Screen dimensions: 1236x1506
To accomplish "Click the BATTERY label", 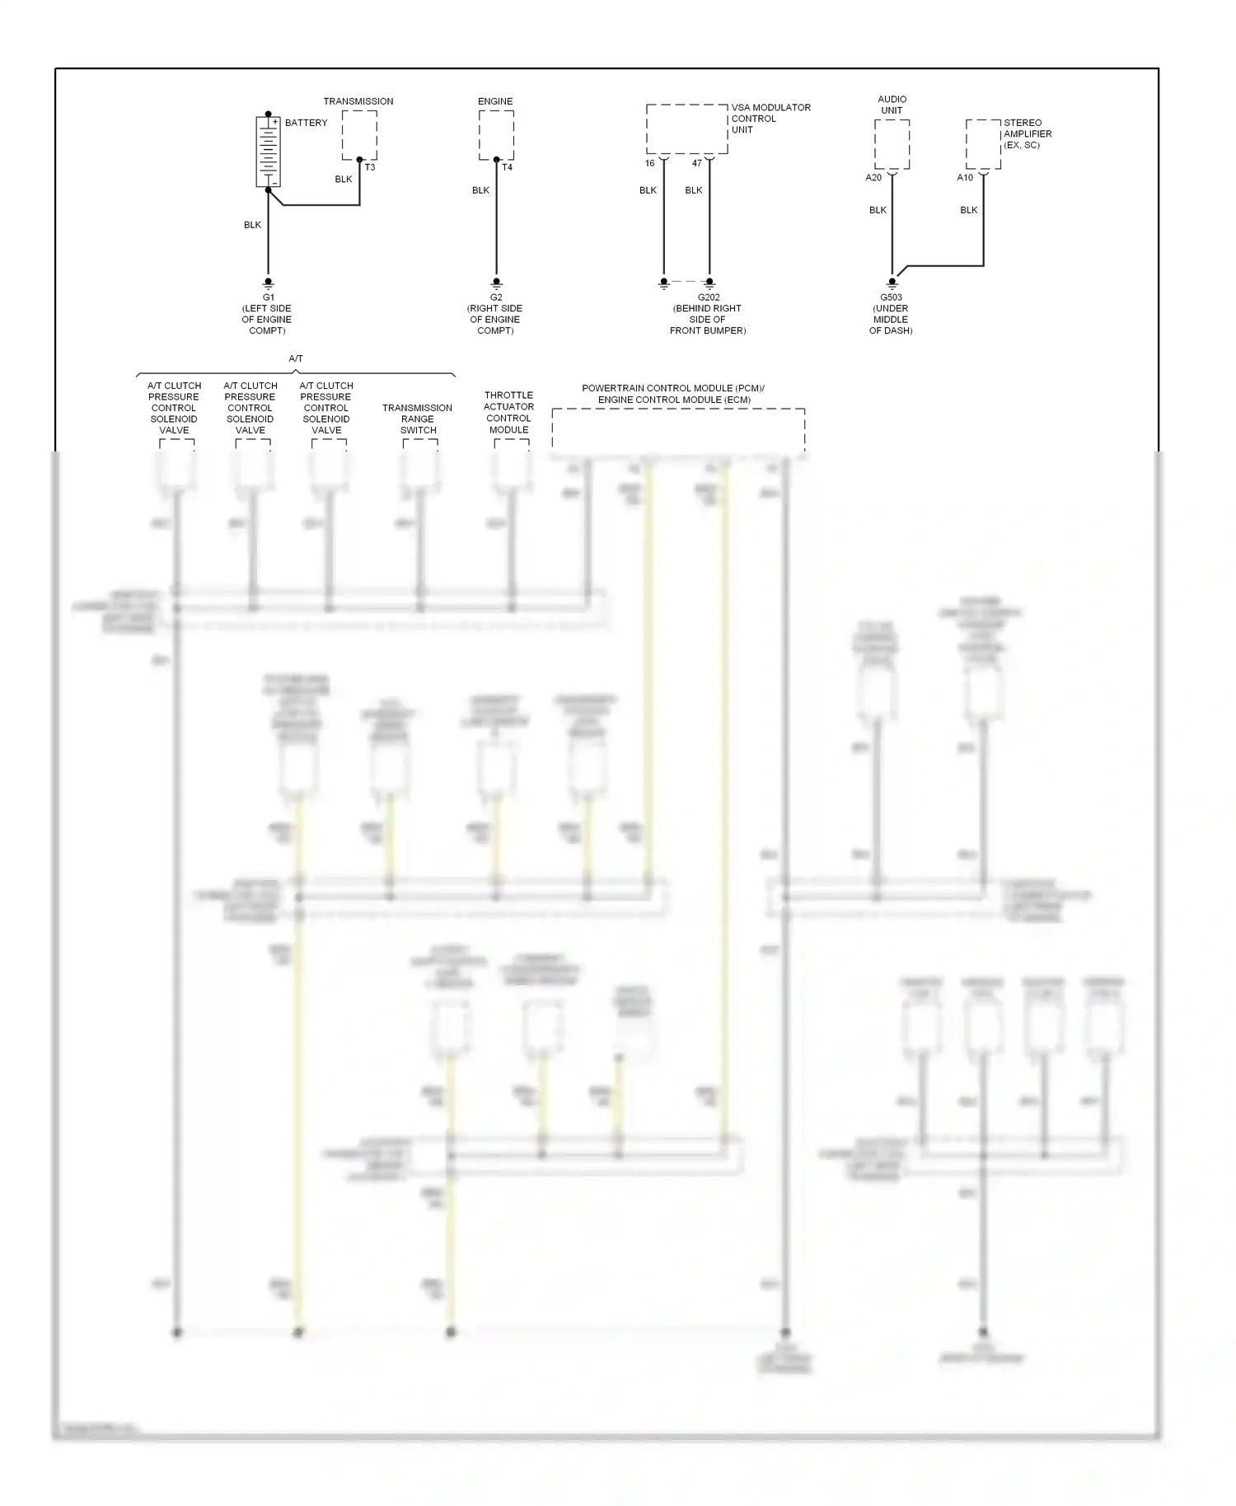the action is coord(306,123).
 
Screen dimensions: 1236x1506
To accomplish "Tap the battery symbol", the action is coord(268,152).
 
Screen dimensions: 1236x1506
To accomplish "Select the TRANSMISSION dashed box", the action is coord(359,135).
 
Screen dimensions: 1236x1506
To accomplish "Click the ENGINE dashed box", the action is coord(496,135).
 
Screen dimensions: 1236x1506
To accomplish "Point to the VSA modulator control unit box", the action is coord(686,129).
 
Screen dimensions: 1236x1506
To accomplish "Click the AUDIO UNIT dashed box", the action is coord(892,144).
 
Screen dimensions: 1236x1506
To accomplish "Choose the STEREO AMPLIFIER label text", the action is coord(1027,133).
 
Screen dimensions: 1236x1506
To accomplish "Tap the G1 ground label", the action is coord(268,297).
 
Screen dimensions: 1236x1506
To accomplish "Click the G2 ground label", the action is coord(496,297).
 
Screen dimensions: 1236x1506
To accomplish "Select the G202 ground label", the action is coord(709,297).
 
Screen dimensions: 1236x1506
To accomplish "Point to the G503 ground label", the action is coord(891,297).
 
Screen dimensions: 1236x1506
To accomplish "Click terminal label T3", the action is coord(370,167).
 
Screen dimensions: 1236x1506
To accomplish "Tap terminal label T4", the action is coord(507,167).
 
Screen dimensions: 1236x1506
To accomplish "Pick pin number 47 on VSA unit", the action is coord(697,163).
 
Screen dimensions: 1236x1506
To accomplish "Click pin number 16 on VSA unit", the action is coord(649,163).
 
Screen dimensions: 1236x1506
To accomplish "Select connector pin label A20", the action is coord(873,177).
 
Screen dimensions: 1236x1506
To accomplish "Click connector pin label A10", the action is coord(965,177).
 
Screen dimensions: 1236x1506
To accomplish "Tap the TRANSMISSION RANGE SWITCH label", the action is coord(418,419).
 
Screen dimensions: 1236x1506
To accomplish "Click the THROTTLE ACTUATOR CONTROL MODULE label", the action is coord(508,412).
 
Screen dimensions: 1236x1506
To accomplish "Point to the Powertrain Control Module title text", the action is coord(673,394).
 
